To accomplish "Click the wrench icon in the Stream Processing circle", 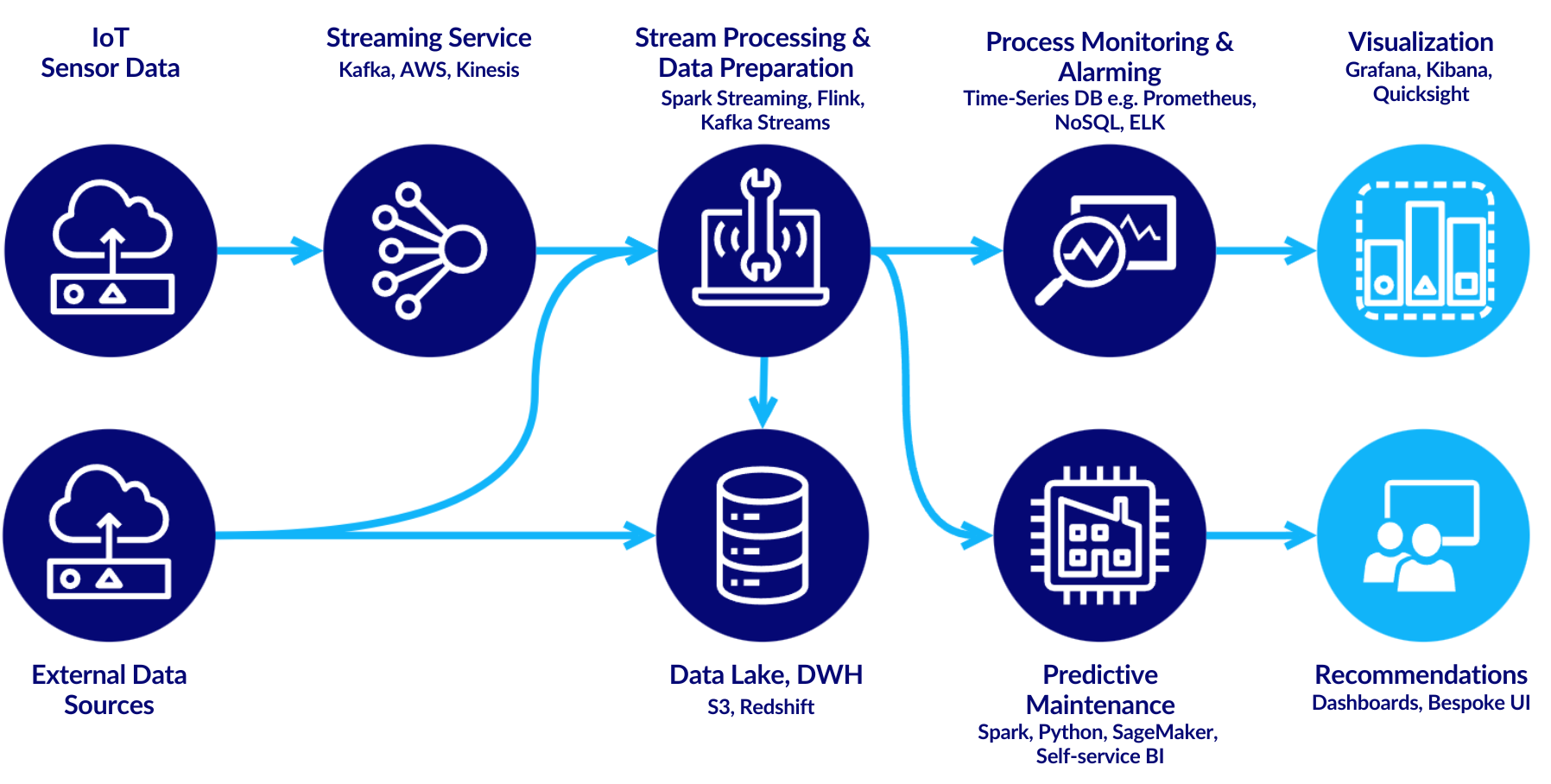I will pyautogui.click(x=761, y=226).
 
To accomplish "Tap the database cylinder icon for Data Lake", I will pyautogui.click(x=763, y=535).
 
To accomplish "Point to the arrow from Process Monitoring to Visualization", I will pyautogui.click(x=1266, y=250).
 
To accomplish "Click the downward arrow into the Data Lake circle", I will pyautogui.click(x=763, y=393).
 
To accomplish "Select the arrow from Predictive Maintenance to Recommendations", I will pyautogui.click(x=1261, y=535).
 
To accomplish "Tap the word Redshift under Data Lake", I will pyautogui.click(x=777, y=707).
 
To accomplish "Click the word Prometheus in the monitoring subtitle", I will pyautogui.click(x=1199, y=98).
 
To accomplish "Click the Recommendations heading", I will pyautogui.click(x=1421, y=674).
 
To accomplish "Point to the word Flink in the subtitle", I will pyautogui.click(x=840, y=98).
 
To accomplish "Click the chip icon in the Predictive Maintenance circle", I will pyautogui.click(x=1099, y=535).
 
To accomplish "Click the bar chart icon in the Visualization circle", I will pyautogui.click(x=1424, y=251).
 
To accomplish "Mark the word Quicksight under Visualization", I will pyautogui.click(x=1421, y=94).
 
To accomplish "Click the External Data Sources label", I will pyautogui.click(x=109, y=689).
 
